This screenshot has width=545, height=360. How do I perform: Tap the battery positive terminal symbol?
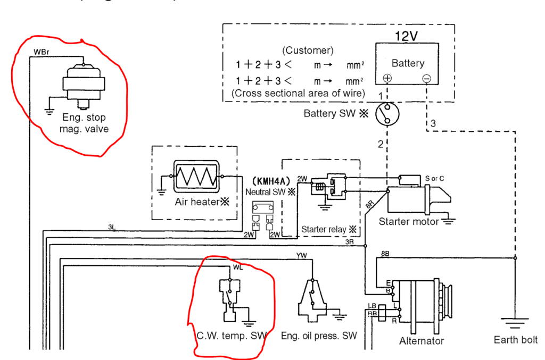coord(387,78)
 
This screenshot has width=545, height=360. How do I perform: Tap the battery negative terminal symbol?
coord(426,78)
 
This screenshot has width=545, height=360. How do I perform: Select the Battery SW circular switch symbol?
coord(387,113)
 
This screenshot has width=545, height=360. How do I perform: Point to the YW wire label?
coord(301,256)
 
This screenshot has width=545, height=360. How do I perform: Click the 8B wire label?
coord(385,254)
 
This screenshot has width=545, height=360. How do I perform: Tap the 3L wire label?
coord(112,227)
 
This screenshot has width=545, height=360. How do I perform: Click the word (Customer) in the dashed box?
coord(308,51)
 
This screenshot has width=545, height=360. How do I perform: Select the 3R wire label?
coord(350,241)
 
